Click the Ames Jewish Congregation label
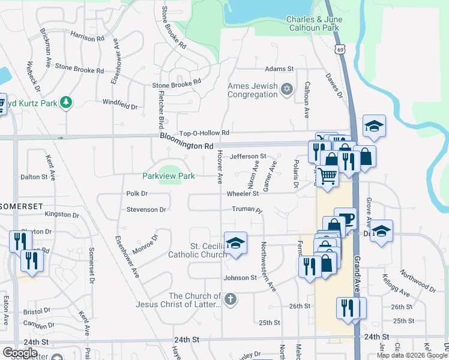[x=252, y=90]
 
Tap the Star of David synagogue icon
[x=287, y=89]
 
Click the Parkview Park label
[x=169, y=176]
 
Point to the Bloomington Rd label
[x=187, y=145]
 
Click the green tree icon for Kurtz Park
[x=66, y=103]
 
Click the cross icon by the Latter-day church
[x=229, y=299]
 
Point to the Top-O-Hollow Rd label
[x=205, y=133]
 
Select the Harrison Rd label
[x=87, y=37]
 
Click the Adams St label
[x=279, y=69]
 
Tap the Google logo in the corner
[x=20, y=353]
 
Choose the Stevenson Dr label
[x=146, y=209]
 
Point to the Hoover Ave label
[x=220, y=167]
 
